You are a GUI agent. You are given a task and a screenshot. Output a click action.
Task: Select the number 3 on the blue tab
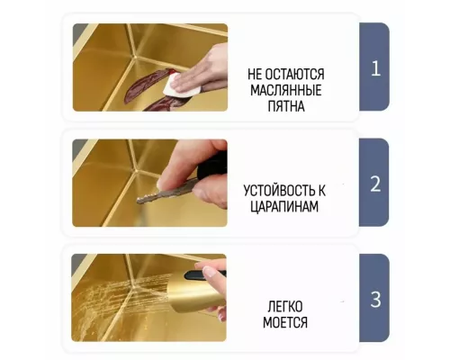click(375, 299)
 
